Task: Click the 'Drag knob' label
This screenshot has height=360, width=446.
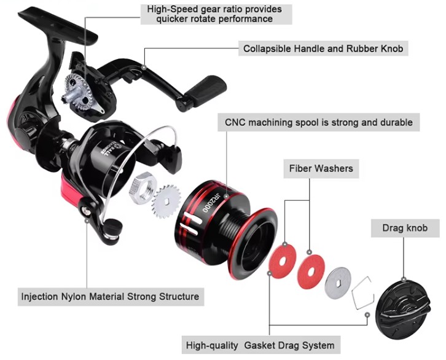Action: click(405, 228)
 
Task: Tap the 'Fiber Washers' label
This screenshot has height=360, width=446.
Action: click(321, 168)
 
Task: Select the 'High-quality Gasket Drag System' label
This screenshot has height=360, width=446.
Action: click(260, 345)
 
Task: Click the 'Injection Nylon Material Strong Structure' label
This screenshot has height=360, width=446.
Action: click(111, 297)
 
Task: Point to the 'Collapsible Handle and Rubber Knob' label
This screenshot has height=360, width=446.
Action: click(323, 49)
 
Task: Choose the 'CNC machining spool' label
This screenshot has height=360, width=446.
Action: click(319, 122)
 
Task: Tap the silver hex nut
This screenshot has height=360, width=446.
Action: click(143, 188)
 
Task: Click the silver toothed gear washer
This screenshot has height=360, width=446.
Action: click(166, 202)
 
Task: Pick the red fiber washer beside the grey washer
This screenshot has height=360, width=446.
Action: click(311, 272)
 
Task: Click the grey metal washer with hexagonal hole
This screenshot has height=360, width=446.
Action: click(338, 283)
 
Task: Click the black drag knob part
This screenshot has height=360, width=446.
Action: click(403, 310)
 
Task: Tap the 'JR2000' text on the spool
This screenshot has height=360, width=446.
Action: click(211, 202)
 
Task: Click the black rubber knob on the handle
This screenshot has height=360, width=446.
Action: click(206, 91)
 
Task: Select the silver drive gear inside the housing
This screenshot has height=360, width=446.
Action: click(77, 92)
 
